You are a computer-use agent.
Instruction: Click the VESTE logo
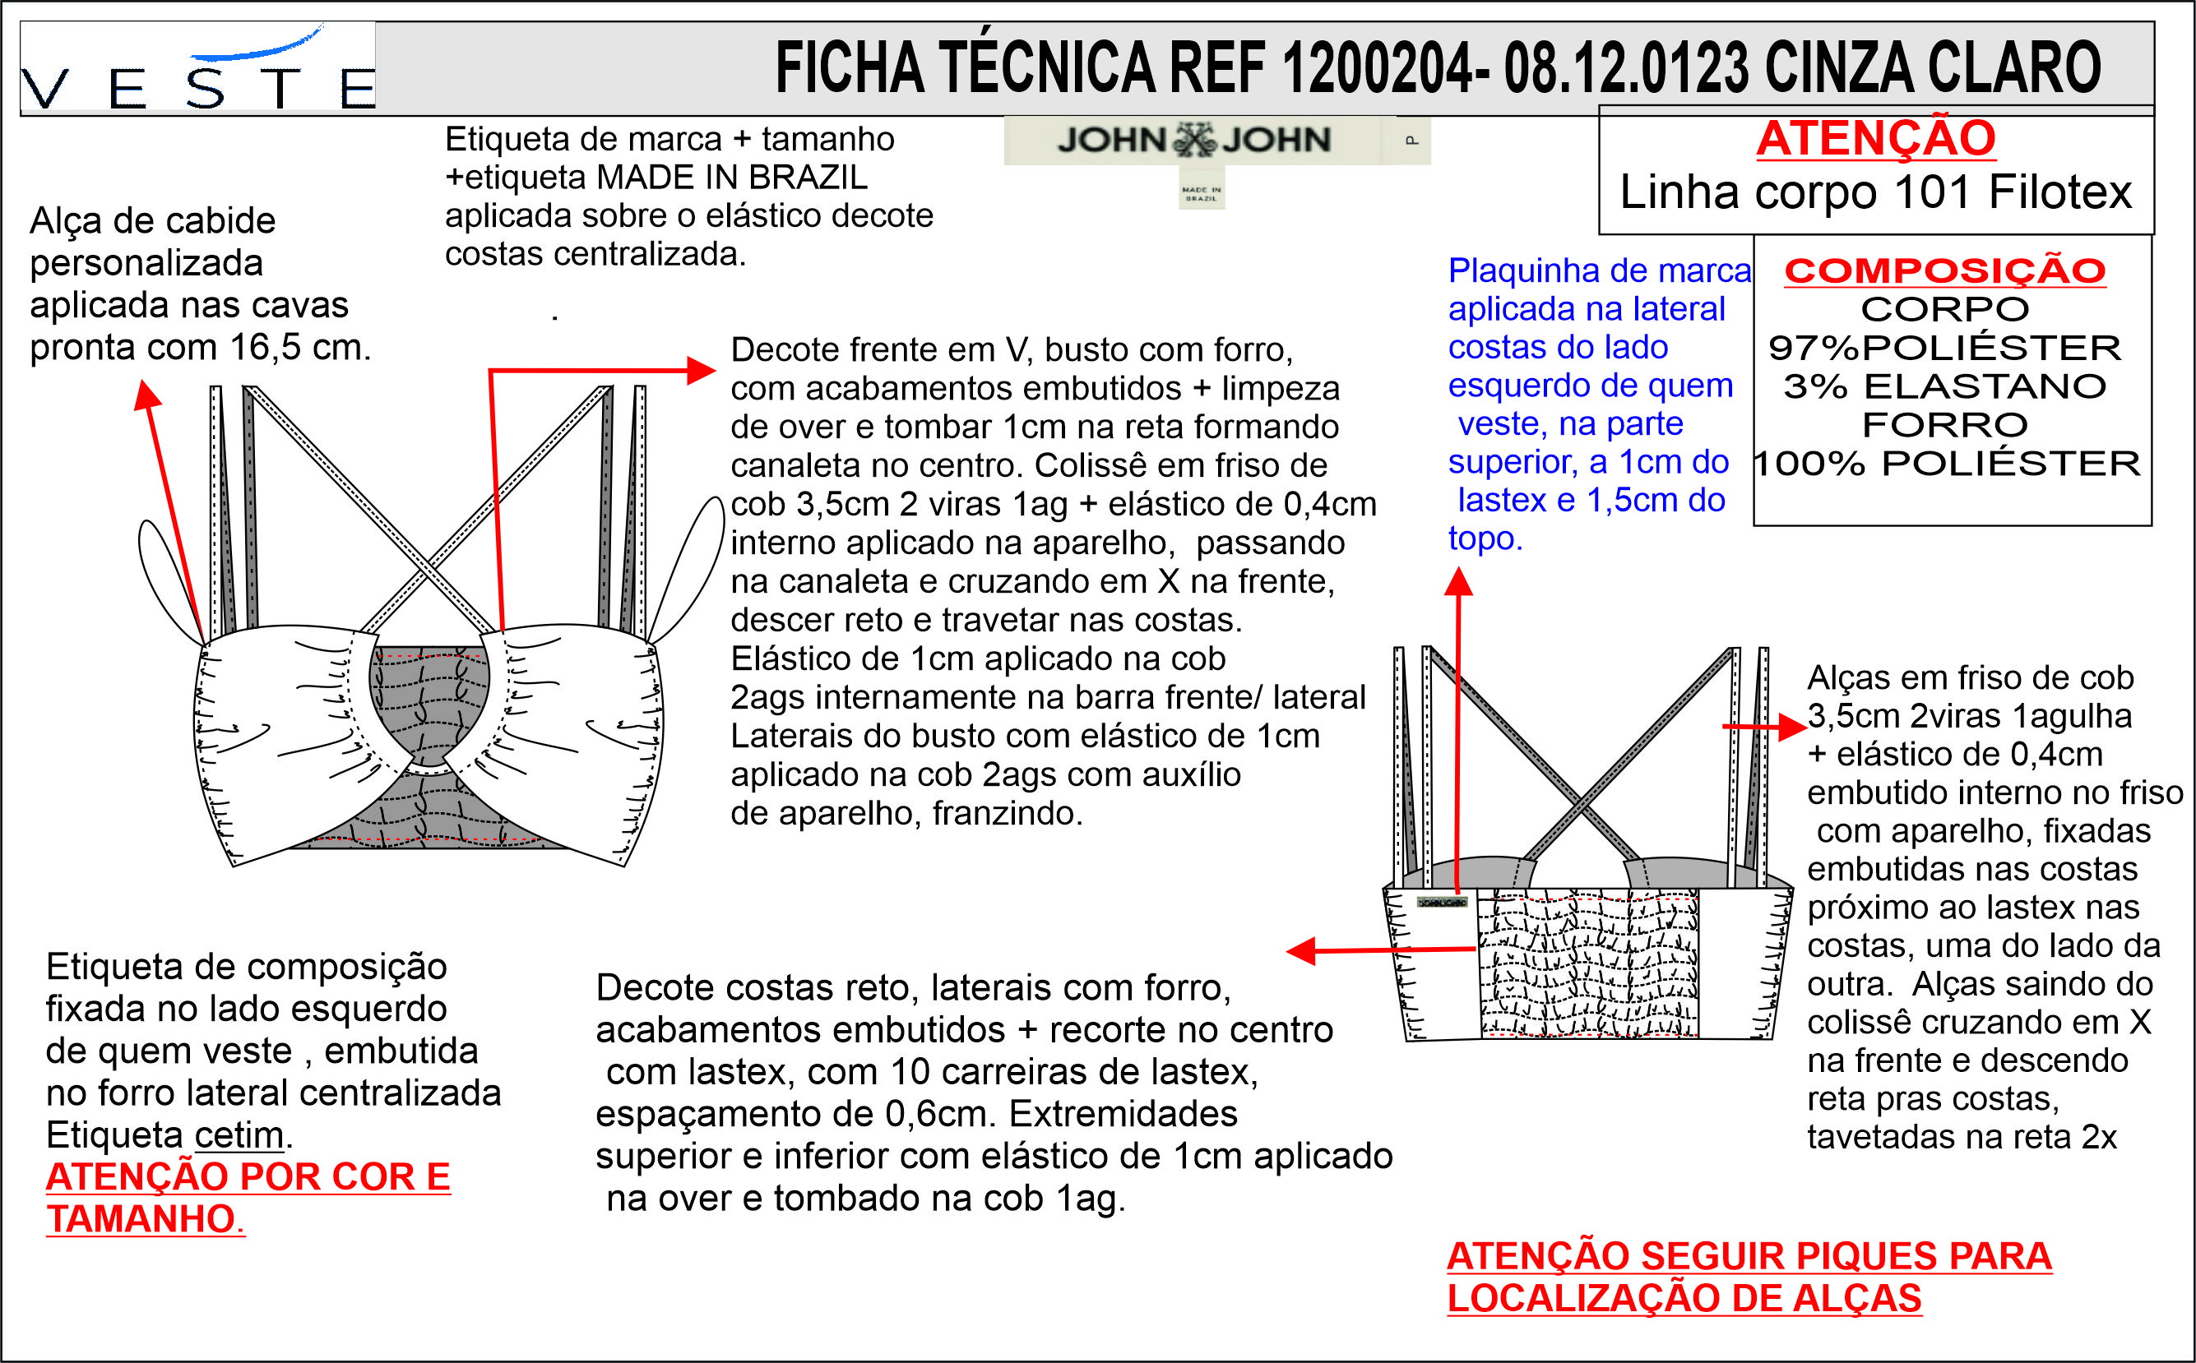(197, 67)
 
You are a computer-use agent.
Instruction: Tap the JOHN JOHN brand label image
(1216, 140)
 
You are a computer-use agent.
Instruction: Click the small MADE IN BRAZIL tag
(1202, 187)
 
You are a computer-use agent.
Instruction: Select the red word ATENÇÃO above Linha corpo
(1876, 138)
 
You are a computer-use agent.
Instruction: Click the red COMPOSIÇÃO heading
(1945, 270)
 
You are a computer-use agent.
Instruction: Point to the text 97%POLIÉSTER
(1945, 347)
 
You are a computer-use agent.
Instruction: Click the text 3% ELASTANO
(1945, 386)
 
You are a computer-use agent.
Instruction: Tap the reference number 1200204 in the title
(1376, 67)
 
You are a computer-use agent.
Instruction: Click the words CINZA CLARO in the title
(1932, 67)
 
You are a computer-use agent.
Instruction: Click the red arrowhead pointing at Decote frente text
(701, 370)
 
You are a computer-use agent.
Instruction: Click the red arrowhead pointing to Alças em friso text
(1793, 727)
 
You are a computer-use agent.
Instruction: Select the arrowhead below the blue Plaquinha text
(1458, 581)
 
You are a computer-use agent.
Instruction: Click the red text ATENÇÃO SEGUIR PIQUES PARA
(1749, 1256)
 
